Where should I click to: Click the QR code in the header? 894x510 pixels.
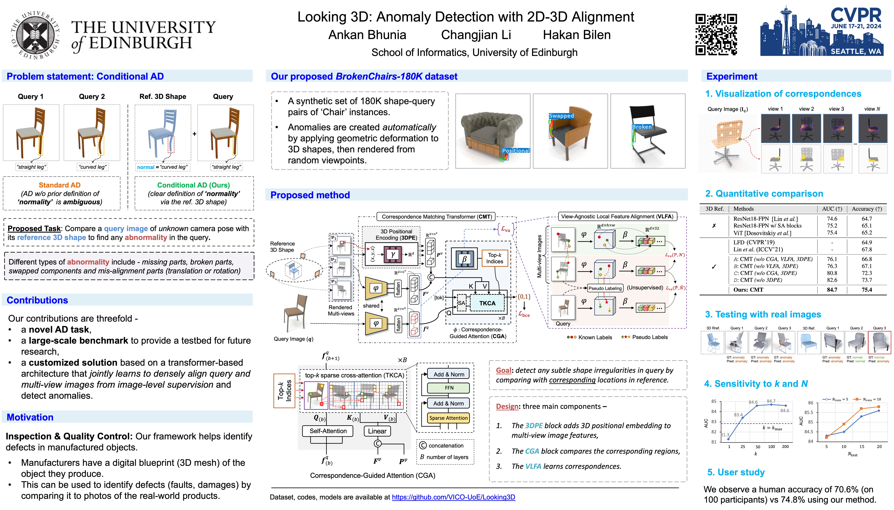(716, 34)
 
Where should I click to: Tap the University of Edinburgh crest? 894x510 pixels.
(35, 35)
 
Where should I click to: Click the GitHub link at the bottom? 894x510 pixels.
(453, 497)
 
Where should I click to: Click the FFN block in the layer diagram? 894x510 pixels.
(449, 388)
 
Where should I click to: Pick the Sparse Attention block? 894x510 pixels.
(448, 418)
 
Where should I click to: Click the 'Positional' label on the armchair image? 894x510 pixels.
(516, 151)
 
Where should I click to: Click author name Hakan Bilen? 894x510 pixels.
(577, 35)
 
